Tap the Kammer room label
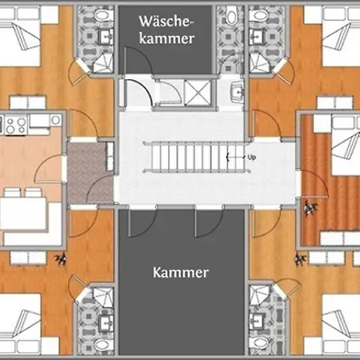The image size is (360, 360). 180,273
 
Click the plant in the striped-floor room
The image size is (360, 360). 310,207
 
